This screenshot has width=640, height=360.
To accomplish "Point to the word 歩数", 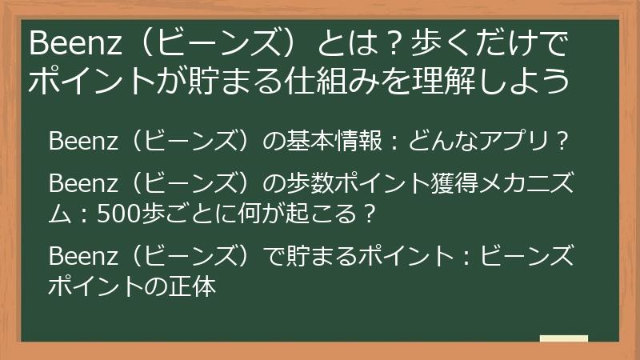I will click(310, 185).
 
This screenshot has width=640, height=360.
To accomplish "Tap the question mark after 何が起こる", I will click(367, 214).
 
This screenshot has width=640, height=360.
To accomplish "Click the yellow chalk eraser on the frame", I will click(564, 338).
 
